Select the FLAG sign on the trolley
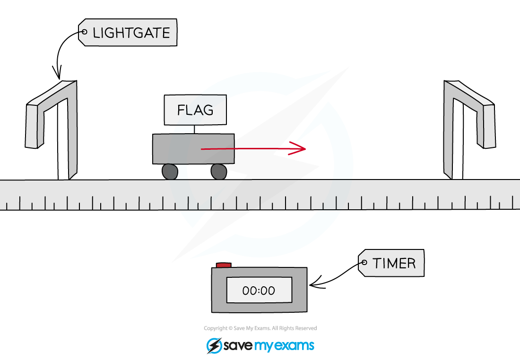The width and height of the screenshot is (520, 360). point(195,110)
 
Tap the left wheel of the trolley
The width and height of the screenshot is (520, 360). point(170,171)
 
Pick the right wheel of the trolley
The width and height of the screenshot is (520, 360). point(218,171)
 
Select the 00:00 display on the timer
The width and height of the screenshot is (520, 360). point(259,290)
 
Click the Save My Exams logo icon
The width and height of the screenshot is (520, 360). point(214,345)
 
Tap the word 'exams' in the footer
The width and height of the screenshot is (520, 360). point(295,346)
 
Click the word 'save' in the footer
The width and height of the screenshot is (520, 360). point(238,346)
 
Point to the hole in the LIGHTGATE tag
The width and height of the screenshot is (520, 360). point(85,32)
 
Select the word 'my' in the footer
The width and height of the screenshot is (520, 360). point(265,346)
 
